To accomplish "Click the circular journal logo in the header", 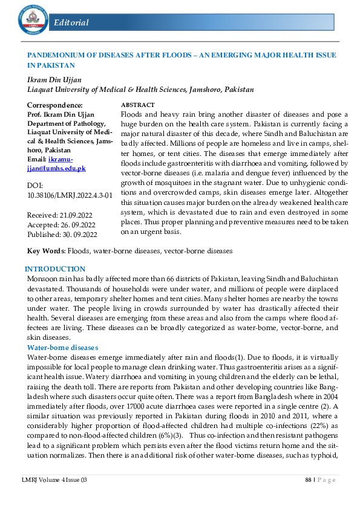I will click(x=31, y=21).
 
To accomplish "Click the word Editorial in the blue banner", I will click(x=71, y=23).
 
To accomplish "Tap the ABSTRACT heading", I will click(x=138, y=105).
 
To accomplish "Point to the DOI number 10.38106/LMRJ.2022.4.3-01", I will click(x=70, y=195).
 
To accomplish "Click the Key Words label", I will click(x=46, y=250).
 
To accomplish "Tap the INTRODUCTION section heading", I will click(x=55, y=269).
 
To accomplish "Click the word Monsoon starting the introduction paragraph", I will click(x=42, y=278).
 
